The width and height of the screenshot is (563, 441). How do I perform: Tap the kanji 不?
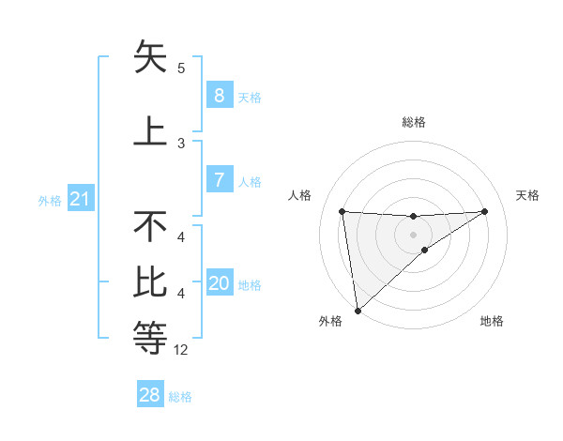150,227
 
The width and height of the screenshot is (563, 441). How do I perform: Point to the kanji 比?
150,281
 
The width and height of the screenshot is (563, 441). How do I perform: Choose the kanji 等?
150,336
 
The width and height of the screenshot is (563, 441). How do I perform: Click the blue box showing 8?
219,96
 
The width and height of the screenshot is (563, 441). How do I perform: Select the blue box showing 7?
219,180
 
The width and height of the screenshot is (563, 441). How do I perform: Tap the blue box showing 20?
220,284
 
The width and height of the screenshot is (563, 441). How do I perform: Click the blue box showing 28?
150,395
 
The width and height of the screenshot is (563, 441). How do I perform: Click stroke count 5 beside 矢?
181,68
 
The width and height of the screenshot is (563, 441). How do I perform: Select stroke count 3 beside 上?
181,143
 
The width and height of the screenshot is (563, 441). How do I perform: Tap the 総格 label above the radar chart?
413,122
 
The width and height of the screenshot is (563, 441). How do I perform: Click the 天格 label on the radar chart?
527,195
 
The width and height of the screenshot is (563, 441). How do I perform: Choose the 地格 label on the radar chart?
492,321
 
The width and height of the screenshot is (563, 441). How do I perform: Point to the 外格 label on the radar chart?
330,321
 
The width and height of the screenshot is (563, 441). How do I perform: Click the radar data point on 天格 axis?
485,211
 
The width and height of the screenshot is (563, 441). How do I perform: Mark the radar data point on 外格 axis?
358,310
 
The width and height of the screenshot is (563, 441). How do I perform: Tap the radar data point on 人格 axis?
342,211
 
